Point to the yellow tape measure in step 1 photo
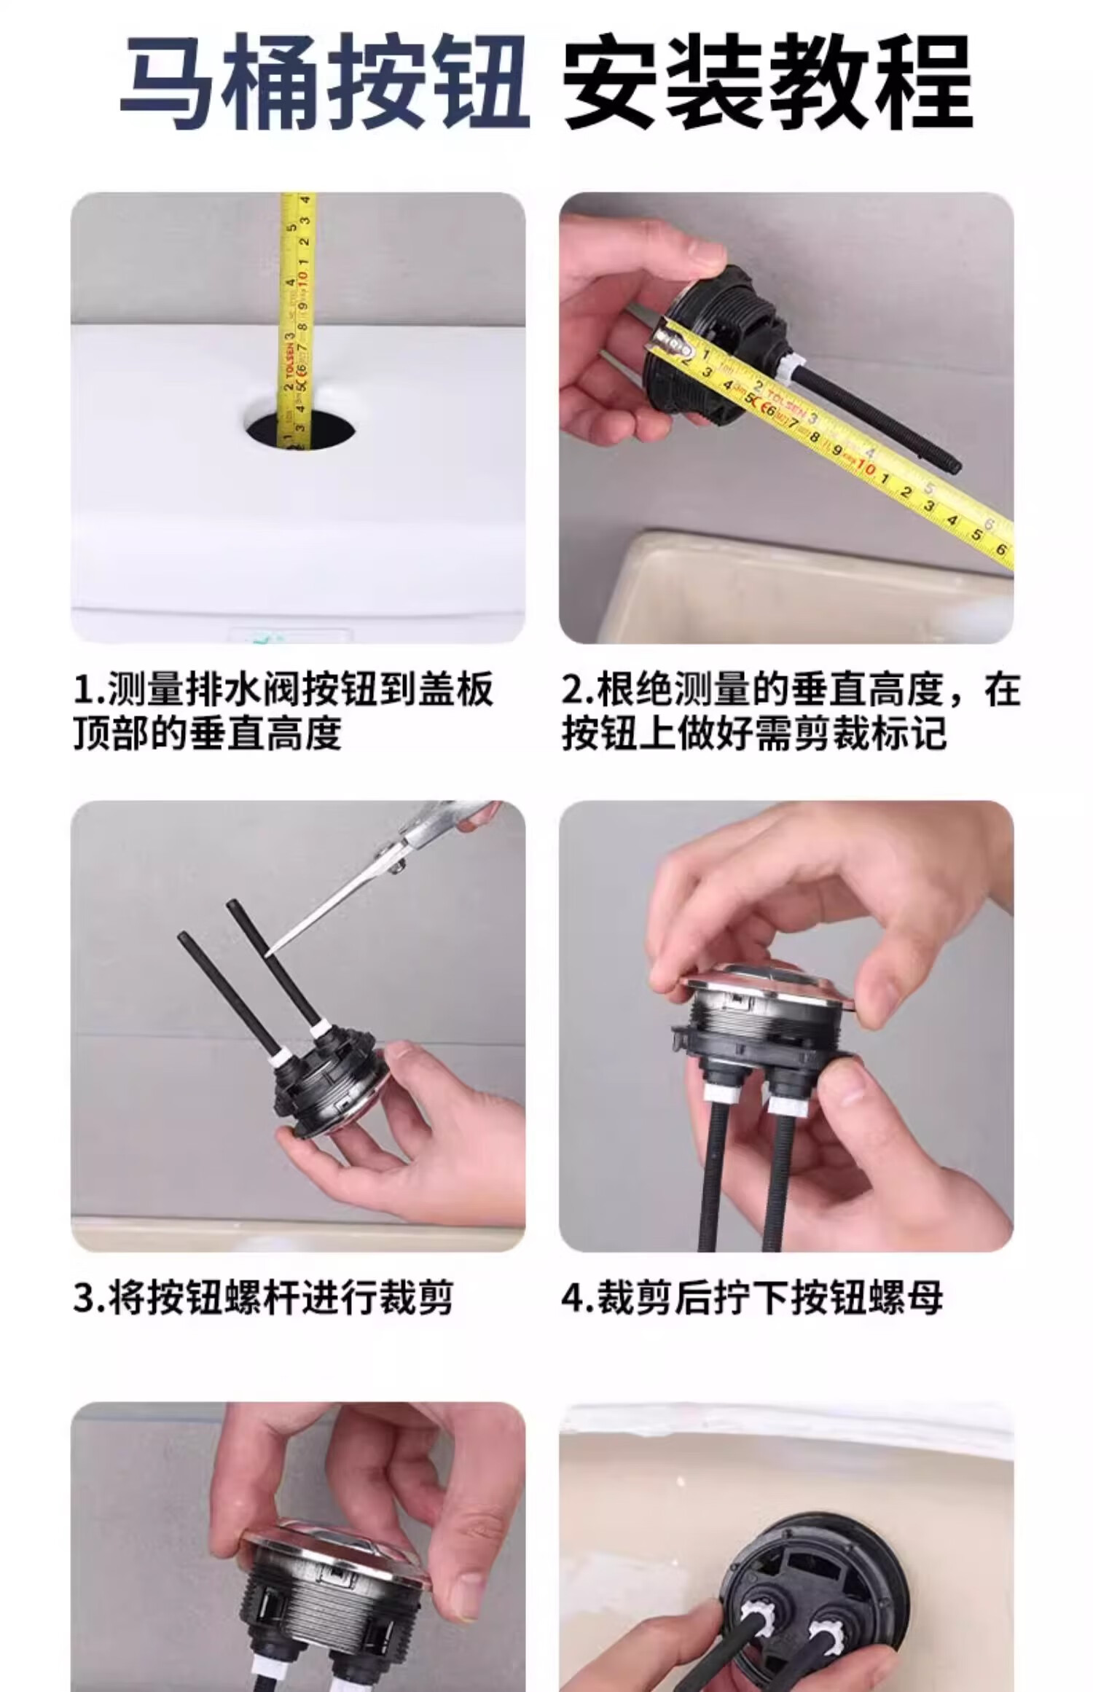click(x=298, y=324)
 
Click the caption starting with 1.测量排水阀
click(x=284, y=711)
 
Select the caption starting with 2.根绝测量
click(x=791, y=711)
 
